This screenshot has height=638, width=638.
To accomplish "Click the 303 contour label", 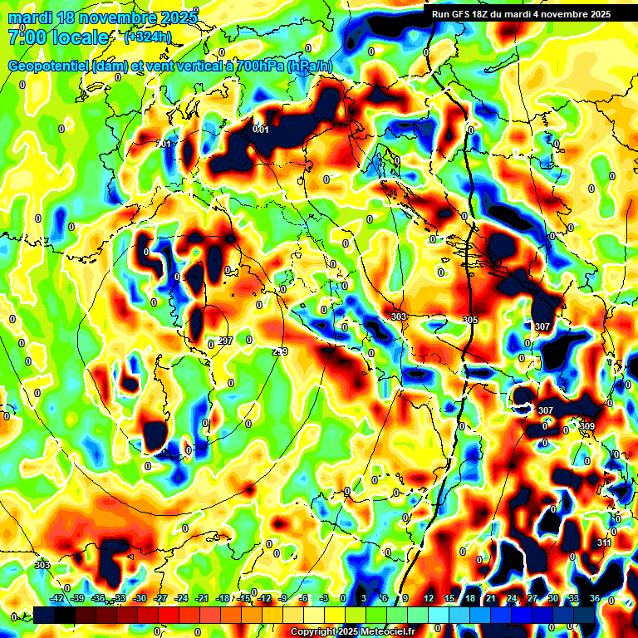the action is pos(399,317).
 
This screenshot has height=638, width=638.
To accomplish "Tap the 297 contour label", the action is pos(225,341).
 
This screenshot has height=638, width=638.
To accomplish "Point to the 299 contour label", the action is pos(280,352).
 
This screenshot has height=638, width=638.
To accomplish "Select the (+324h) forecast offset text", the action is pos(148,37).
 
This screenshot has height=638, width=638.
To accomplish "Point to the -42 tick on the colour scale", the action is pos(57,598).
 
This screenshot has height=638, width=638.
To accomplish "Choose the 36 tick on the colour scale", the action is pos(594,598).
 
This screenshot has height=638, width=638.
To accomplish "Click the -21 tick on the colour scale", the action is pos(201,598).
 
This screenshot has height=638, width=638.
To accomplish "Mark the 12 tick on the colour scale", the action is pos(429,598).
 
